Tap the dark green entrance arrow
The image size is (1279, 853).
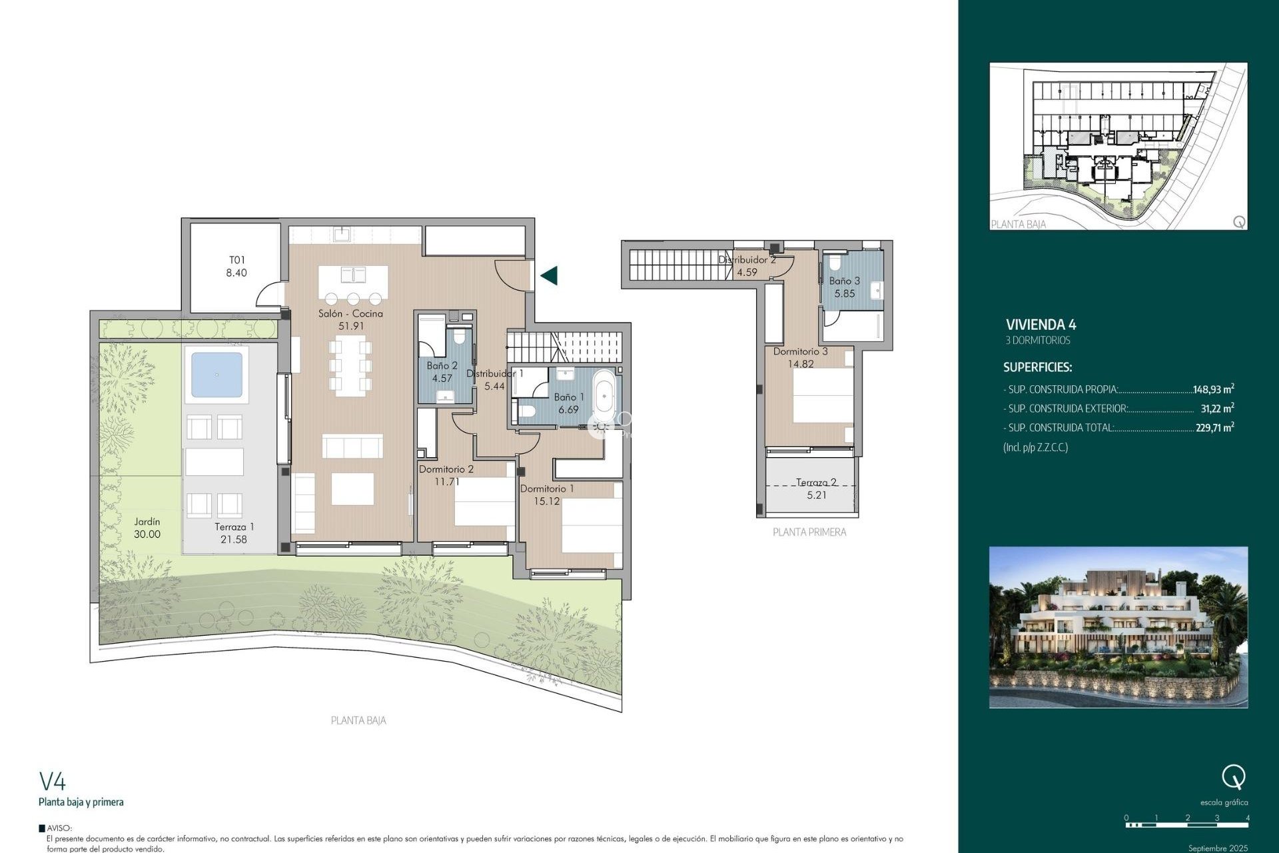point(549,275)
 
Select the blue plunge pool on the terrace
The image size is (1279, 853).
point(216,375)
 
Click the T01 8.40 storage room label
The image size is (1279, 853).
point(236,267)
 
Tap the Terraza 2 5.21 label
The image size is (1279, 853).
point(816,488)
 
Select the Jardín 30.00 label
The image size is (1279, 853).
point(147,528)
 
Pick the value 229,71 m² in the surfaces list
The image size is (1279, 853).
point(1214,428)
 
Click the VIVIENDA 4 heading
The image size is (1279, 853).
point(1041,325)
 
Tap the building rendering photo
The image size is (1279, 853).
point(1118,627)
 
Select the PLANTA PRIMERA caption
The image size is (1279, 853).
point(809,532)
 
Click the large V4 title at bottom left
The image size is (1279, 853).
point(53,781)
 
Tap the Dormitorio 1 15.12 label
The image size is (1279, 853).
point(546,494)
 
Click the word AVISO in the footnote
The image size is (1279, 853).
point(59,828)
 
